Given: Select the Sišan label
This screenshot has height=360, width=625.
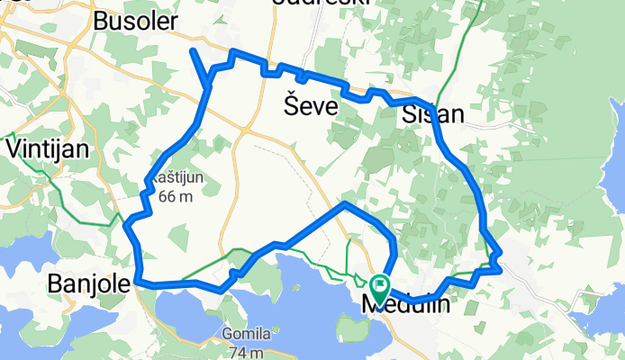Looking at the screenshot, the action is pyautogui.click(x=433, y=114).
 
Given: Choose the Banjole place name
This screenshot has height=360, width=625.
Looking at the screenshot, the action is pyautogui.click(x=87, y=285).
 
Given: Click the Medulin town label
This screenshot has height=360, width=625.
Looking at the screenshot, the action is pyautogui.click(x=405, y=306).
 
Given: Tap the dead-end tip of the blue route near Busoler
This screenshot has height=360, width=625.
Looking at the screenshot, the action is pyautogui.click(x=193, y=51).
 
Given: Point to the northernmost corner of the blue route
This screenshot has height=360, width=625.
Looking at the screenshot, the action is pyautogui.click(x=233, y=52).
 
